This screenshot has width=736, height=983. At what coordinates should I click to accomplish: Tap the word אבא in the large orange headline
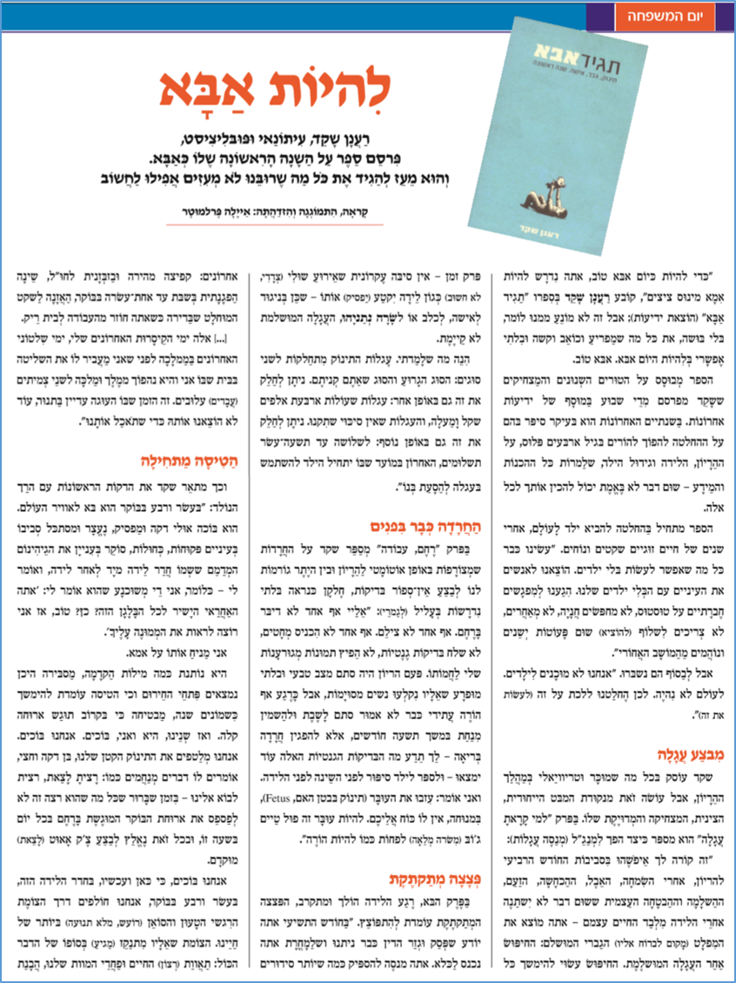tap(198, 88)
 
